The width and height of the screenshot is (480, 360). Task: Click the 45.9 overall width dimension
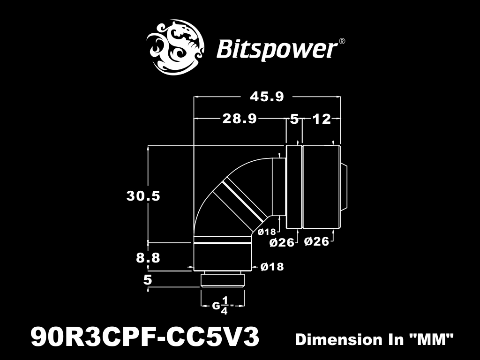click(x=267, y=97)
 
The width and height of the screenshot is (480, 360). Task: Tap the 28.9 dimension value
click(x=240, y=119)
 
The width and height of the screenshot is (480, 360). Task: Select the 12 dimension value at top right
click(x=322, y=119)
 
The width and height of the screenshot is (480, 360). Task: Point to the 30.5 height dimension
click(x=143, y=196)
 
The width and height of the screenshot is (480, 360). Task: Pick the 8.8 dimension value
click(x=148, y=258)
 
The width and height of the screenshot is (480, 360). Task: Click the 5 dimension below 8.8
click(x=148, y=280)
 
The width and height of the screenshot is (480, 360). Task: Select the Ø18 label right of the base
click(x=272, y=267)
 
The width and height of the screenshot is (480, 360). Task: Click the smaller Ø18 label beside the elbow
click(x=267, y=232)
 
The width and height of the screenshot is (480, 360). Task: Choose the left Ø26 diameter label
click(x=282, y=243)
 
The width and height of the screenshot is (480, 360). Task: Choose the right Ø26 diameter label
click(x=317, y=241)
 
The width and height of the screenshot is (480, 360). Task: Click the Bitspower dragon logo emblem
click(x=175, y=47)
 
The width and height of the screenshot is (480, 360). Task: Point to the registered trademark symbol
click(x=342, y=41)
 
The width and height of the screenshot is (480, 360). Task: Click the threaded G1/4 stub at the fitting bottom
click(x=223, y=279)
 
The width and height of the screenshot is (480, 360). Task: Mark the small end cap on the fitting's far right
click(x=344, y=187)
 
